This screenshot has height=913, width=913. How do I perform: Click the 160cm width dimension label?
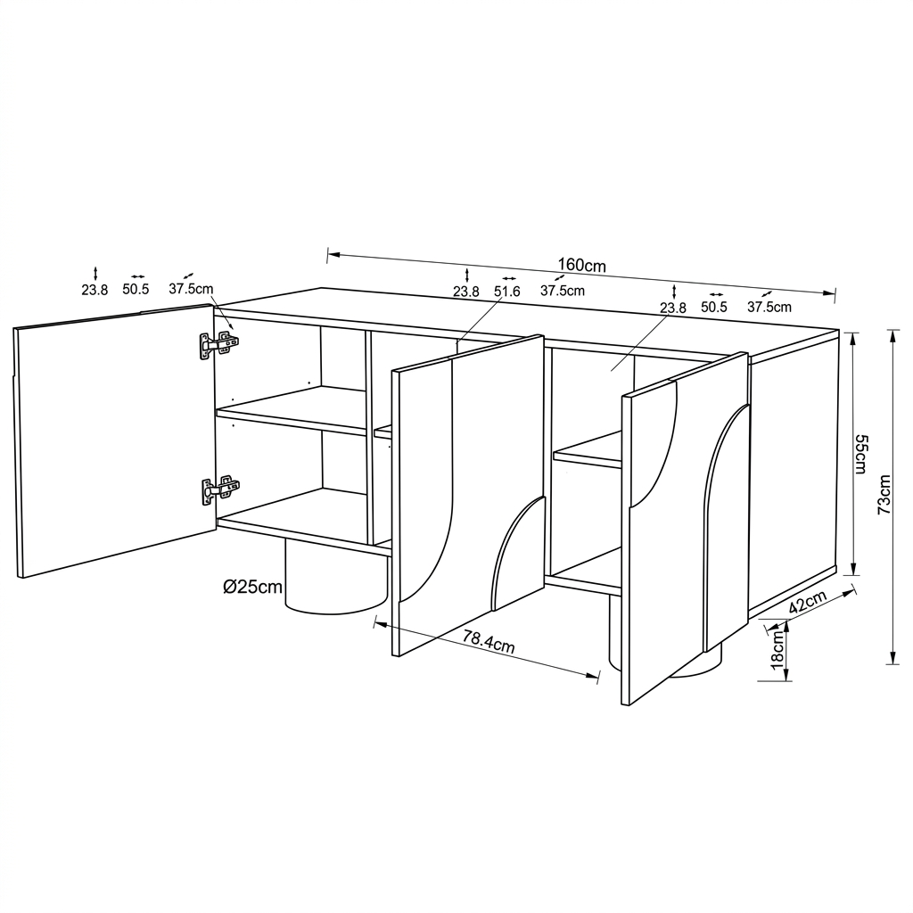pos(581,265)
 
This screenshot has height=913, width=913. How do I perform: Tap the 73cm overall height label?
pos(884,494)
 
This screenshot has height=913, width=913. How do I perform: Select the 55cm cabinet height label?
pos(861,454)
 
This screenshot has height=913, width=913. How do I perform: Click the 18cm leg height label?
pos(777,650)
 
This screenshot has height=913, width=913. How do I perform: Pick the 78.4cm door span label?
pos(489,642)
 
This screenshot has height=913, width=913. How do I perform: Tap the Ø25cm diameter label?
pos(252,587)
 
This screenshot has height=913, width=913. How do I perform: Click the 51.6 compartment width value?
pos(506,292)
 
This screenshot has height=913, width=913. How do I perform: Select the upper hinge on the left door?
pos(219,345)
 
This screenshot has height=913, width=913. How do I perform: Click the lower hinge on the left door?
pos(220,489)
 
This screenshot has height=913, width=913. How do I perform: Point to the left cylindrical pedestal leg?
pos(336,578)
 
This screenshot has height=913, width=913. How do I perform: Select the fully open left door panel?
pos(116,440)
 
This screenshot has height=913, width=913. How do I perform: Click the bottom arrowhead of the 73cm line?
pos(892,659)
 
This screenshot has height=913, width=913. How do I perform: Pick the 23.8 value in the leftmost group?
pos(95,290)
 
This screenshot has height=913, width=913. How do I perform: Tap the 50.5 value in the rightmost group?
pos(714,308)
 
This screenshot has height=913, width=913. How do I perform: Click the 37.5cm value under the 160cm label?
pos(563,291)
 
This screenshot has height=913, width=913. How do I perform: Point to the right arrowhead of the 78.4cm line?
pos(594,675)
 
